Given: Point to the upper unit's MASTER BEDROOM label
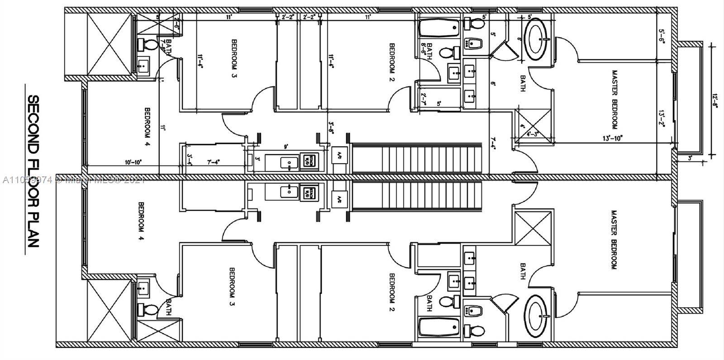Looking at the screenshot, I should (614, 99).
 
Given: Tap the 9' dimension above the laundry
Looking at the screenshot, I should (285, 147).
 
